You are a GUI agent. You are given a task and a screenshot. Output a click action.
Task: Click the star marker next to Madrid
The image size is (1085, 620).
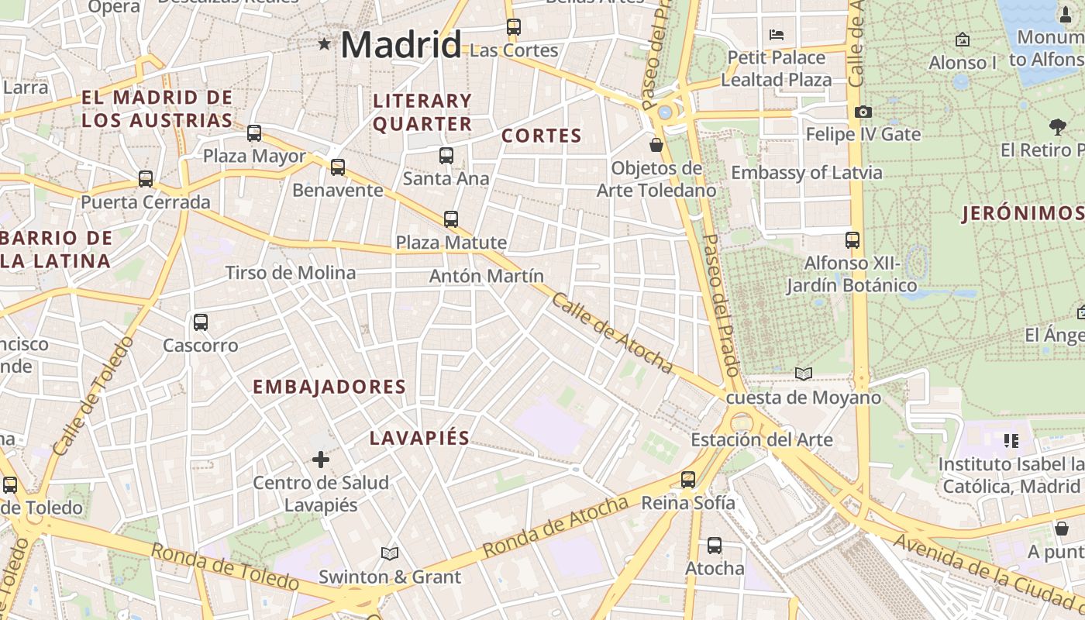point(324,44)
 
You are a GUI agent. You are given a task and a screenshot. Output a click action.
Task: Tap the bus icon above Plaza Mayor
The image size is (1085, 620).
point(254,133)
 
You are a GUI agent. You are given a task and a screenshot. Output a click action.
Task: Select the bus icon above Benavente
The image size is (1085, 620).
point(338,167)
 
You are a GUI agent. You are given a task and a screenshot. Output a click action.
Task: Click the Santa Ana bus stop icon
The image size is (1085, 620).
point(446,156)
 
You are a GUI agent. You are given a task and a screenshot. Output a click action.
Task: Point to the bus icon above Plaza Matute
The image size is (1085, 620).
point(451,219)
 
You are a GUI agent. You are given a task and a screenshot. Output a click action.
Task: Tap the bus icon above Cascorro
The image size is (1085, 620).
point(201,322)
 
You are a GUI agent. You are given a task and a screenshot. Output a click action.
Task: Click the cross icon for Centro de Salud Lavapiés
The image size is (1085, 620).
point(321,460)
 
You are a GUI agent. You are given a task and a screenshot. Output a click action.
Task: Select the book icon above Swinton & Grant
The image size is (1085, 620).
point(390,554)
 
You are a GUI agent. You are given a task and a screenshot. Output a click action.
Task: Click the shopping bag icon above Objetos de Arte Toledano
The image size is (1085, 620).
point(656,145)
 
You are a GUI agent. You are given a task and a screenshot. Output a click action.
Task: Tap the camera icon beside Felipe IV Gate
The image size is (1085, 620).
point(863,112)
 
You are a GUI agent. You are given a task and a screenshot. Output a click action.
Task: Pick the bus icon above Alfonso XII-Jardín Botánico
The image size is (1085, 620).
point(852,240)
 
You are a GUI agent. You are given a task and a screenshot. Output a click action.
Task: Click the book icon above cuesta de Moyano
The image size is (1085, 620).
point(804,374)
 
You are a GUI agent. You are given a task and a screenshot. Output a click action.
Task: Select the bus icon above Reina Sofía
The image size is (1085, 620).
point(688,480)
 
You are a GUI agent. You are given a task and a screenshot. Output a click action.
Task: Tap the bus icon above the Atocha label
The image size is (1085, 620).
point(715,546)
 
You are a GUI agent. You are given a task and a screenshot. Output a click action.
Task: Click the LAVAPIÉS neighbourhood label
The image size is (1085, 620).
point(419,438)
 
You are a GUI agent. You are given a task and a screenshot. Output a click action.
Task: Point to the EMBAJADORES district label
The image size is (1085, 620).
point(329,387)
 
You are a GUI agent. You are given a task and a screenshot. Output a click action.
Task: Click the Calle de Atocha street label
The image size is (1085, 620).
point(611,332)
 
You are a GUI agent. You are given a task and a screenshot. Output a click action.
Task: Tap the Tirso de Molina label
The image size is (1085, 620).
point(291,273)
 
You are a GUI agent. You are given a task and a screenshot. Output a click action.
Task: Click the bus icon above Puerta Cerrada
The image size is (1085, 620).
point(146,180)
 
